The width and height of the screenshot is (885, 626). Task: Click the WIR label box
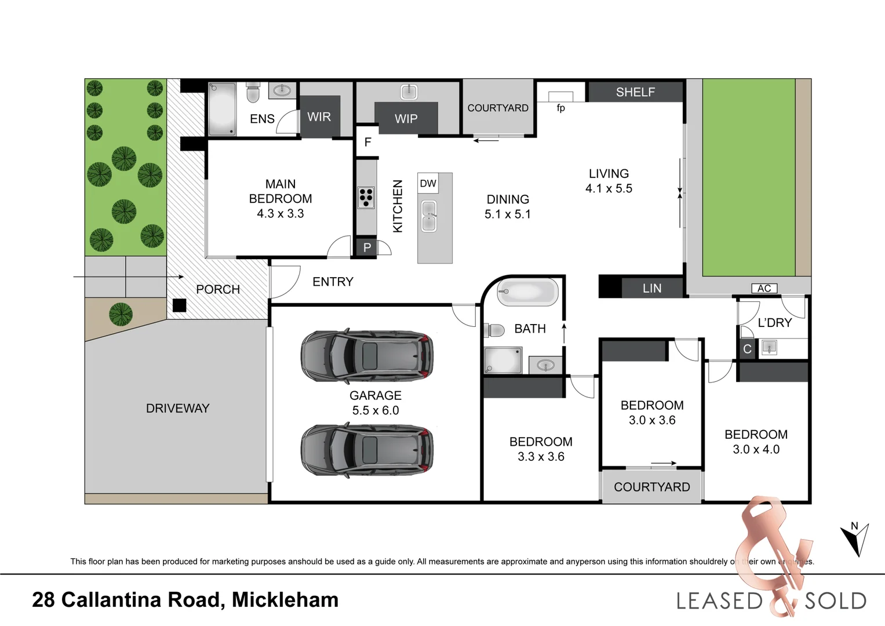[x=319, y=117]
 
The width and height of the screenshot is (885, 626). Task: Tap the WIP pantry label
[x=406, y=119]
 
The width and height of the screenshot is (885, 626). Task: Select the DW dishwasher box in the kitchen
[x=428, y=183]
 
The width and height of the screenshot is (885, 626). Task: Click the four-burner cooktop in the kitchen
[x=366, y=197]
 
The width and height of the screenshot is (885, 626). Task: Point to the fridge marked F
[x=367, y=142]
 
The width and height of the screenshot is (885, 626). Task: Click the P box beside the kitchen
[x=367, y=248]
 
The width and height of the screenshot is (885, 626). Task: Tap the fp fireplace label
[x=560, y=108]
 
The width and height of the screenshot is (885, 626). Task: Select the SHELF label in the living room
[x=635, y=92]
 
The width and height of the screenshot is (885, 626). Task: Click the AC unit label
[x=764, y=288]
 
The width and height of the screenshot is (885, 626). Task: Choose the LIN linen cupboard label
[x=651, y=288]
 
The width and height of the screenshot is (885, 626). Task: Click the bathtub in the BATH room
[x=528, y=292]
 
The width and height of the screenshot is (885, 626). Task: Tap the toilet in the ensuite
[x=253, y=93]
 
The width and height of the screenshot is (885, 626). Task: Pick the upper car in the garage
[x=367, y=355]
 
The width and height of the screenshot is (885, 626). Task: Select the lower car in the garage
[x=367, y=450]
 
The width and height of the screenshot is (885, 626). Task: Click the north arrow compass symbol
[x=855, y=538]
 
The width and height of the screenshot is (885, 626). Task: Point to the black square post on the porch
[x=180, y=305]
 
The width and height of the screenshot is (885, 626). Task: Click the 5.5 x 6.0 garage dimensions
[x=376, y=410]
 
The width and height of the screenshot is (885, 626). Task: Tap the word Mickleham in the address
[x=285, y=600]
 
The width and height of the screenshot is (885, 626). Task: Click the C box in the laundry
[x=747, y=349]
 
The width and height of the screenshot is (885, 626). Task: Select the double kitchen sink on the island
[x=429, y=216]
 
